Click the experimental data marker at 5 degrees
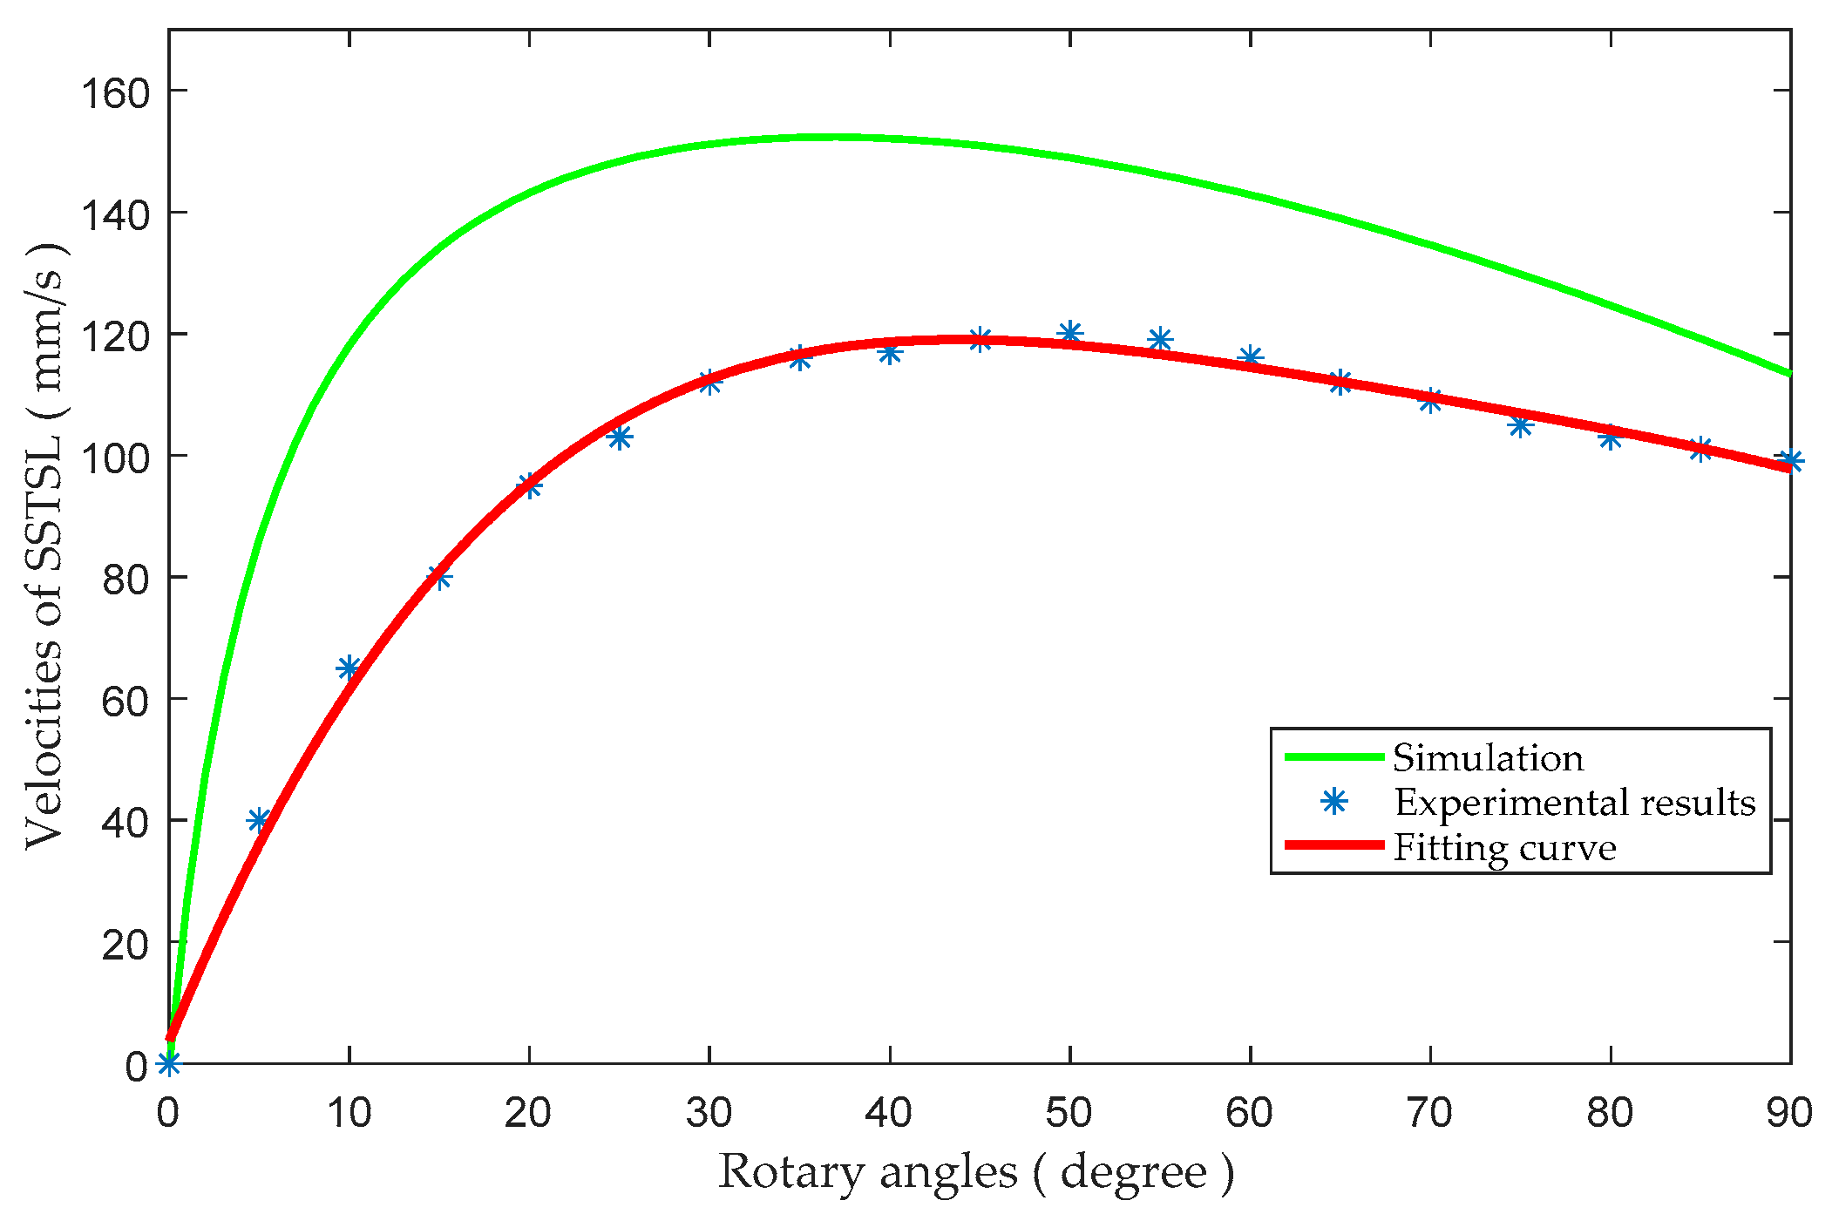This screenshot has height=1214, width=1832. click(x=259, y=820)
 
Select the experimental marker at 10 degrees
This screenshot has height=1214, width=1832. click(x=349, y=668)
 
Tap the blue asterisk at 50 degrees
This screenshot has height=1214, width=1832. click(x=1070, y=333)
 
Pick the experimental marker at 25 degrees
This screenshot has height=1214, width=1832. click(x=620, y=437)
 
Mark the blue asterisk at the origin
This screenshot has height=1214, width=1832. click(x=168, y=1063)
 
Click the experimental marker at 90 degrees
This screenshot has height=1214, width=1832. click(x=1790, y=461)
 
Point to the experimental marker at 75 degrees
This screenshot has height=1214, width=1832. click(x=1521, y=425)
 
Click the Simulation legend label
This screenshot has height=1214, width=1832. click(x=1488, y=757)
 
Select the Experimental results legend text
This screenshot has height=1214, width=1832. click(x=1575, y=802)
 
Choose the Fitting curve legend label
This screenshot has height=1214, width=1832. click(x=1504, y=847)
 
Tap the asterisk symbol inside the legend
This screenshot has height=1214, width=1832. click(x=1334, y=802)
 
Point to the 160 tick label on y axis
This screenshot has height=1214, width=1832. click(x=115, y=92)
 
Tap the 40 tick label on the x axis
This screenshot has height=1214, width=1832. click(x=889, y=1113)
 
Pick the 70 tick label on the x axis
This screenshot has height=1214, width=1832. click(x=1429, y=1113)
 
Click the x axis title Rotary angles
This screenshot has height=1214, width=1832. click(x=976, y=1172)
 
